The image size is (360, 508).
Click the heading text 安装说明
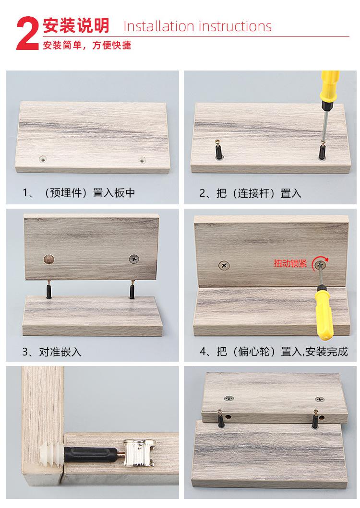click(77, 25)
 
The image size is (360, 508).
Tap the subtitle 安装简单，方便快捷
click(87, 46)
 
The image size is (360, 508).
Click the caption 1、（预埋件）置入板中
click(79, 193)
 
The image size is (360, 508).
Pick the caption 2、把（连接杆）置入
click(250, 193)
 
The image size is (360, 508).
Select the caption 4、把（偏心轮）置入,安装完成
click(273, 352)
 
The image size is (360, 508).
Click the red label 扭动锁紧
click(290, 263)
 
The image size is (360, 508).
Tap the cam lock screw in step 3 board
click(133, 260)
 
